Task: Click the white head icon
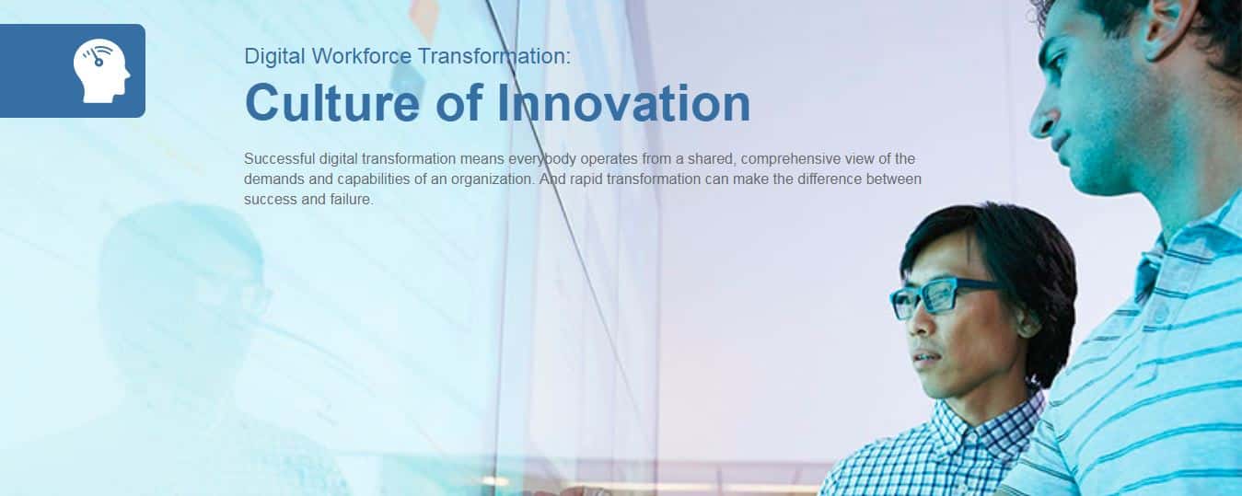pyautogui.click(x=102, y=71)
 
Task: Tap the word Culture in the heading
pyautogui.click(x=332, y=103)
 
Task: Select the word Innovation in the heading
pyautogui.click(x=623, y=103)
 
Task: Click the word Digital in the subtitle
pyautogui.click(x=274, y=56)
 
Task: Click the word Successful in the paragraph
pyautogui.click(x=280, y=159)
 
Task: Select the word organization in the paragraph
pyautogui.click(x=493, y=179)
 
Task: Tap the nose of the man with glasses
pyautogui.click(x=920, y=323)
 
